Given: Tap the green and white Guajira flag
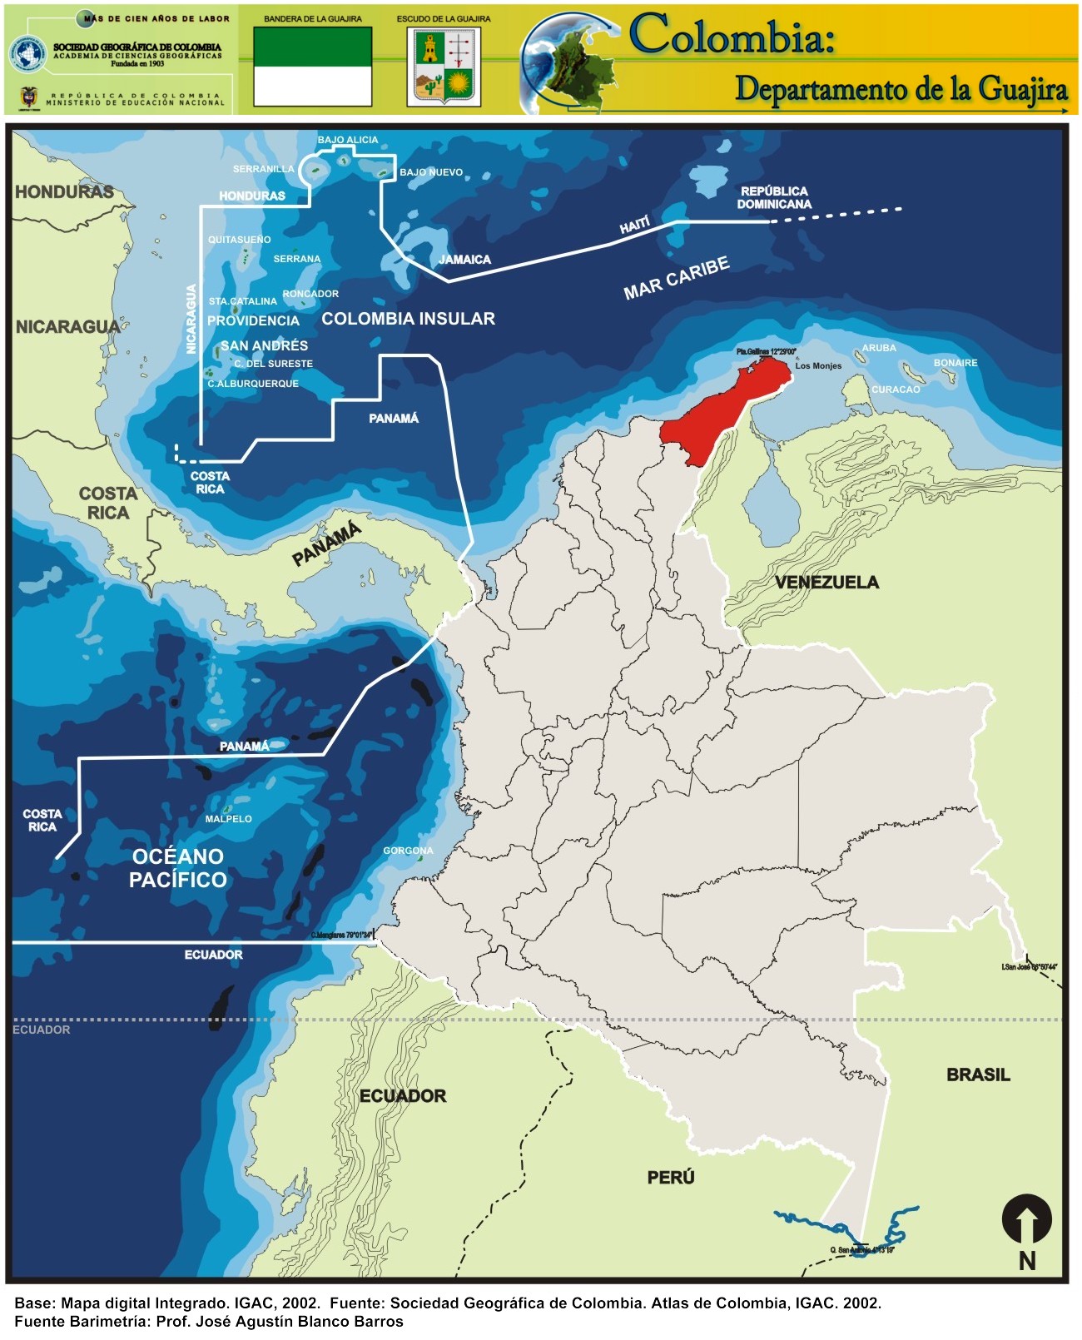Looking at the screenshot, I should pyautogui.click(x=312, y=67).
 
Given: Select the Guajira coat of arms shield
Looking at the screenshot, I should pyautogui.click(x=444, y=67).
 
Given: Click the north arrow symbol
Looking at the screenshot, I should pyautogui.click(x=1026, y=1221).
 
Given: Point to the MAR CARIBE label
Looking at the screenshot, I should pyautogui.click(x=676, y=278).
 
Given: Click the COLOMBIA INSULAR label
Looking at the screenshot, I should pyautogui.click(x=408, y=319).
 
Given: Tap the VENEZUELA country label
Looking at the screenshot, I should pyautogui.click(x=826, y=583).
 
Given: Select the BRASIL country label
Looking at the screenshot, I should pyautogui.click(x=978, y=1074).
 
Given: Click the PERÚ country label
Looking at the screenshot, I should pyautogui.click(x=671, y=1177).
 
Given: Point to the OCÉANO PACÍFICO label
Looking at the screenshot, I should pyautogui.click(x=178, y=868).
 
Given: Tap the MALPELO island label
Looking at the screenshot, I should pyautogui.click(x=228, y=819).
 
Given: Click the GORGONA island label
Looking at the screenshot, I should pyautogui.click(x=408, y=851).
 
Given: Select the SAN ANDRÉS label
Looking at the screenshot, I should pyautogui.click(x=264, y=345).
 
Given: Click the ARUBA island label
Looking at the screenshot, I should pyautogui.click(x=879, y=348).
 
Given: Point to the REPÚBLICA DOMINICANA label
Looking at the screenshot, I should pyautogui.click(x=774, y=197).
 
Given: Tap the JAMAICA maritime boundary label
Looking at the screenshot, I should pyautogui.click(x=464, y=260).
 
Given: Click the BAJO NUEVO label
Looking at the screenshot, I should pyautogui.click(x=431, y=172).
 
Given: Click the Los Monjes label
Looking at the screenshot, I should pyautogui.click(x=818, y=366).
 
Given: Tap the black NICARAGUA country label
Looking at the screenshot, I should pyautogui.click(x=67, y=327).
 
